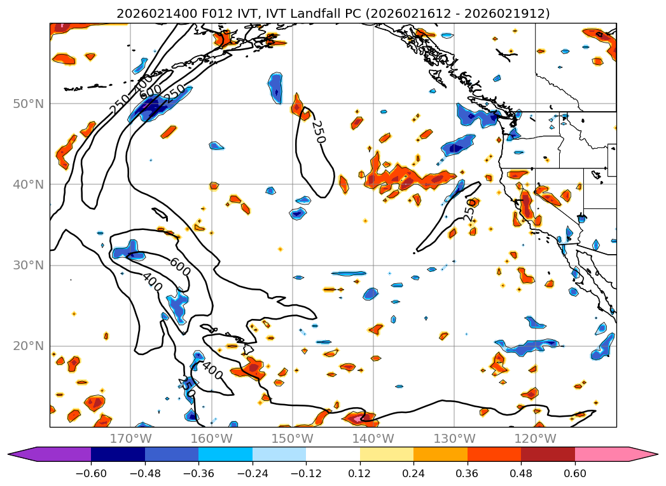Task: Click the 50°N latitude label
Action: click(28, 104)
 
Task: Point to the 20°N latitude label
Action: click(28, 346)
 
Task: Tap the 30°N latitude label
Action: click(28, 266)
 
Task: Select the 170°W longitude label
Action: click(130, 438)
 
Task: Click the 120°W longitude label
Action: click(535, 438)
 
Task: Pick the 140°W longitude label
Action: click(373, 438)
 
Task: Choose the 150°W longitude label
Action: click(293, 438)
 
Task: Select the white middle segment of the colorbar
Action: click(333, 454)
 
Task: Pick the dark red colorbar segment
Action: click(548, 454)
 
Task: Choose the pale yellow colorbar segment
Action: click(386, 454)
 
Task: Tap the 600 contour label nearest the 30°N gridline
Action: click(180, 266)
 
